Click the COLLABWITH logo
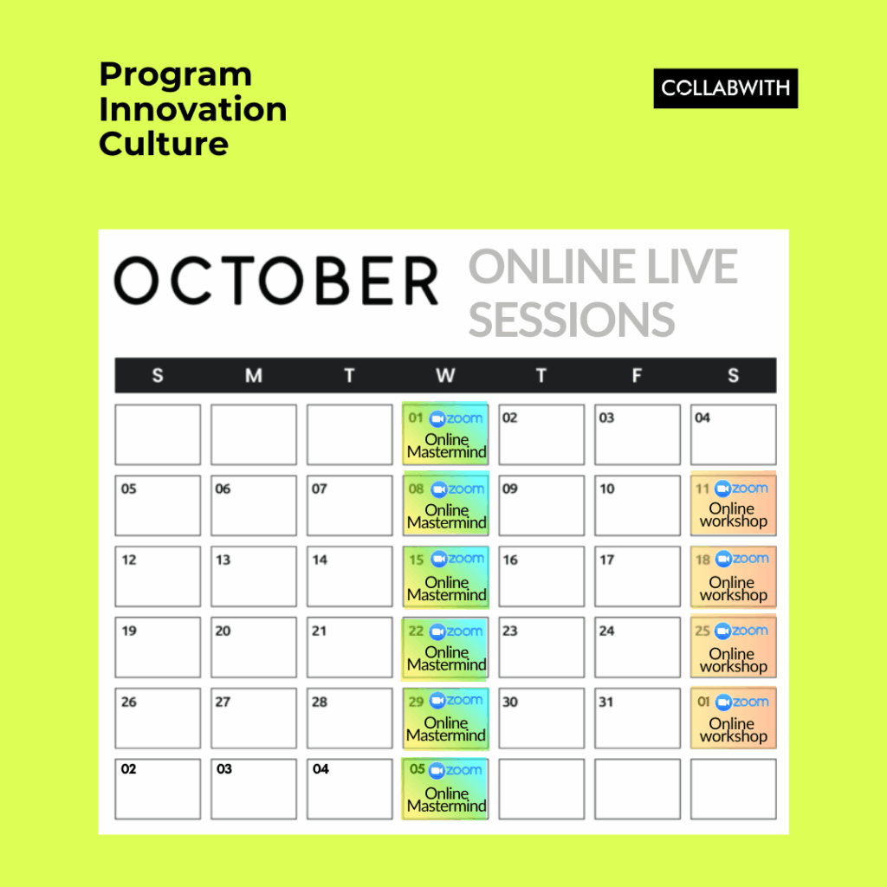pyautogui.click(x=725, y=88)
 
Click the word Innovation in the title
pyautogui.click(x=193, y=108)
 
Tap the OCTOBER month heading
pyautogui.click(x=276, y=281)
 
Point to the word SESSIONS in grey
pyautogui.click(x=572, y=320)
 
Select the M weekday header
pyautogui.click(x=254, y=375)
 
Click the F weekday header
pyautogui.click(x=637, y=375)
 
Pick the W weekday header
pyautogui.click(x=445, y=375)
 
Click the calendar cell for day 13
pyautogui.click(x=254, y=576)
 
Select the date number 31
pyautogui.click(x=605, y=702)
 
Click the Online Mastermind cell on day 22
pyautogui.click(x=445, y=648)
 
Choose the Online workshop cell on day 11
pyautogui.click(x=733, y=503)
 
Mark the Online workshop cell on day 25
pyautogui.click(x=733, y=646)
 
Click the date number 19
pyautogui.click(x=129, y=631)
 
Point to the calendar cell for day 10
pyautogui.click(x=637, y=505)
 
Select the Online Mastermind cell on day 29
pyautogui.click(x=445, y=718)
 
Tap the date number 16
pyautogui.click(x=510, y=560)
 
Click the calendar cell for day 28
pyautogui.click(x=350, y=718)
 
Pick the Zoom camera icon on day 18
pyautogui.click(x=723, y=560)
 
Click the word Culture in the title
pyautogui.click(x=164, y=144)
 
